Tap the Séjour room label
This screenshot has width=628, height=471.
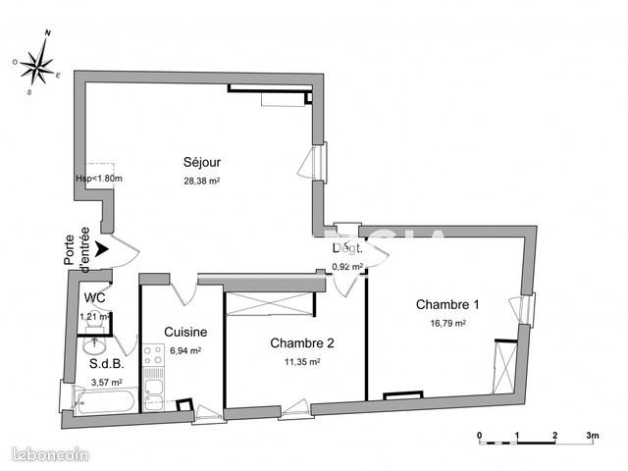click(200, 163)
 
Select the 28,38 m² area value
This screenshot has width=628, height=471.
click(200, 181)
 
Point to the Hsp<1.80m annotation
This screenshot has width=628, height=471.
click(98, 178)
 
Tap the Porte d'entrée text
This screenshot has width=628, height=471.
click(77, 248)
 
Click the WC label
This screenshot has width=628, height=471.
click(94, 298)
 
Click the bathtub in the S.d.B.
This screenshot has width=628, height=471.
click(107, 400)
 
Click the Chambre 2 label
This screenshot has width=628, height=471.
click(302, 343)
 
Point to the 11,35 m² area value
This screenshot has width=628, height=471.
click(302, 360)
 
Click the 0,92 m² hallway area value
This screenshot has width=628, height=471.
click(347, 266)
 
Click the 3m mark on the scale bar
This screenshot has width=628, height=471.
click(592, 433)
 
